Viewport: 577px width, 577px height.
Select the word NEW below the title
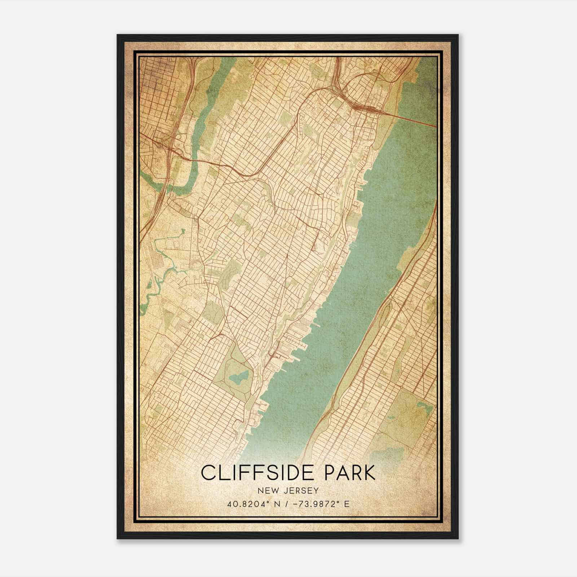264,490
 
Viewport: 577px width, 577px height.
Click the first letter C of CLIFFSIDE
208,473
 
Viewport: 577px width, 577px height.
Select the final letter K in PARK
369,473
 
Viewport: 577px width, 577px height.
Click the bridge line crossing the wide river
411,119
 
